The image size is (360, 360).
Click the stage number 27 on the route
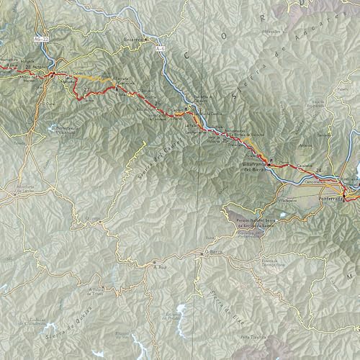pos(88,90)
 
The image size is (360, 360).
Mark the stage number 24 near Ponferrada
pos(318,171)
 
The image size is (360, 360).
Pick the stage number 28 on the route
pos(27,66)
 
